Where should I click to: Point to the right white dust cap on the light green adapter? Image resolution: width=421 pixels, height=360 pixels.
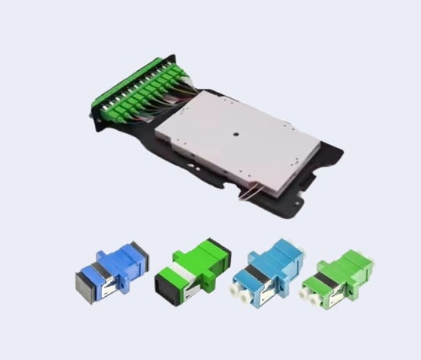coord(321,297)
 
